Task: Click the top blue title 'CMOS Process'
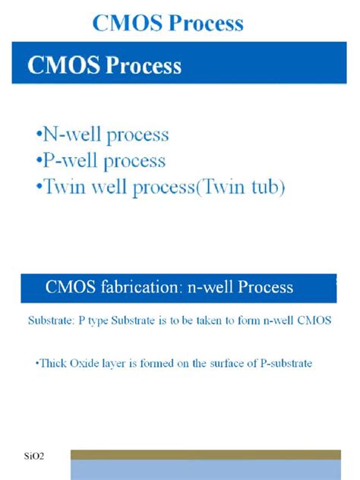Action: point(168,24)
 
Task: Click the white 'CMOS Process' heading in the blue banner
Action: point(105,65)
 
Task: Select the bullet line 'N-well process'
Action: point(102,136)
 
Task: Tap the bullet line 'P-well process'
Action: point(100,161)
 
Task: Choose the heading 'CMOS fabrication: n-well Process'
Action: point(169,287)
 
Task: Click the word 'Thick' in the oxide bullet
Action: point(52,364)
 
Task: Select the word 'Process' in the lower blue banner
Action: point(265,287)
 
